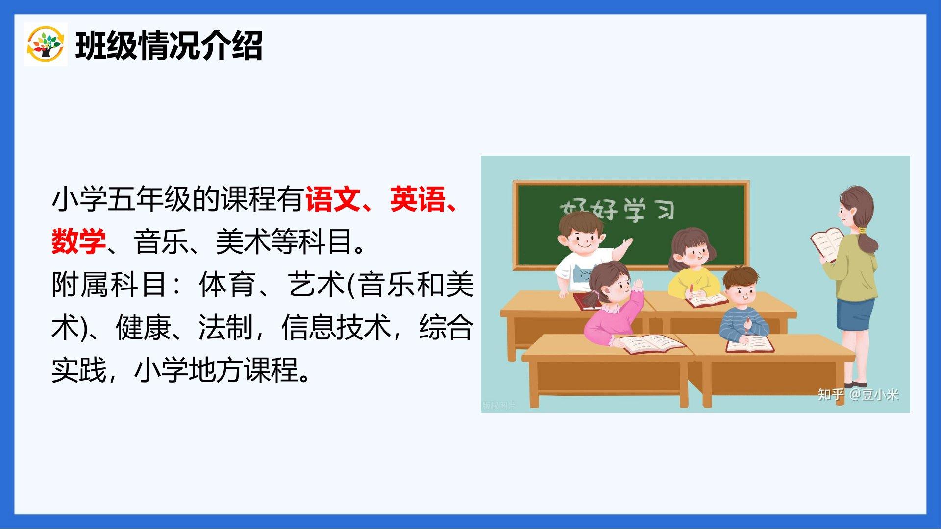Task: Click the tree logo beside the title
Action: point(45,44)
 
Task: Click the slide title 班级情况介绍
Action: point(169,46)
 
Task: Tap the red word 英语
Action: point(418,199)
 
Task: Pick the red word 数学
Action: point(79,241)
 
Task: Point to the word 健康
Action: point(143,327)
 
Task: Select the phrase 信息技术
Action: point(336,327)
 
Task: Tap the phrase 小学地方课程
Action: point(216,370)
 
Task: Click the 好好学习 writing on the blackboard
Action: point(618,211)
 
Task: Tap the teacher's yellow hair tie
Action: point(862,230)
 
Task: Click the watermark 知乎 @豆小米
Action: point(858,395)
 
